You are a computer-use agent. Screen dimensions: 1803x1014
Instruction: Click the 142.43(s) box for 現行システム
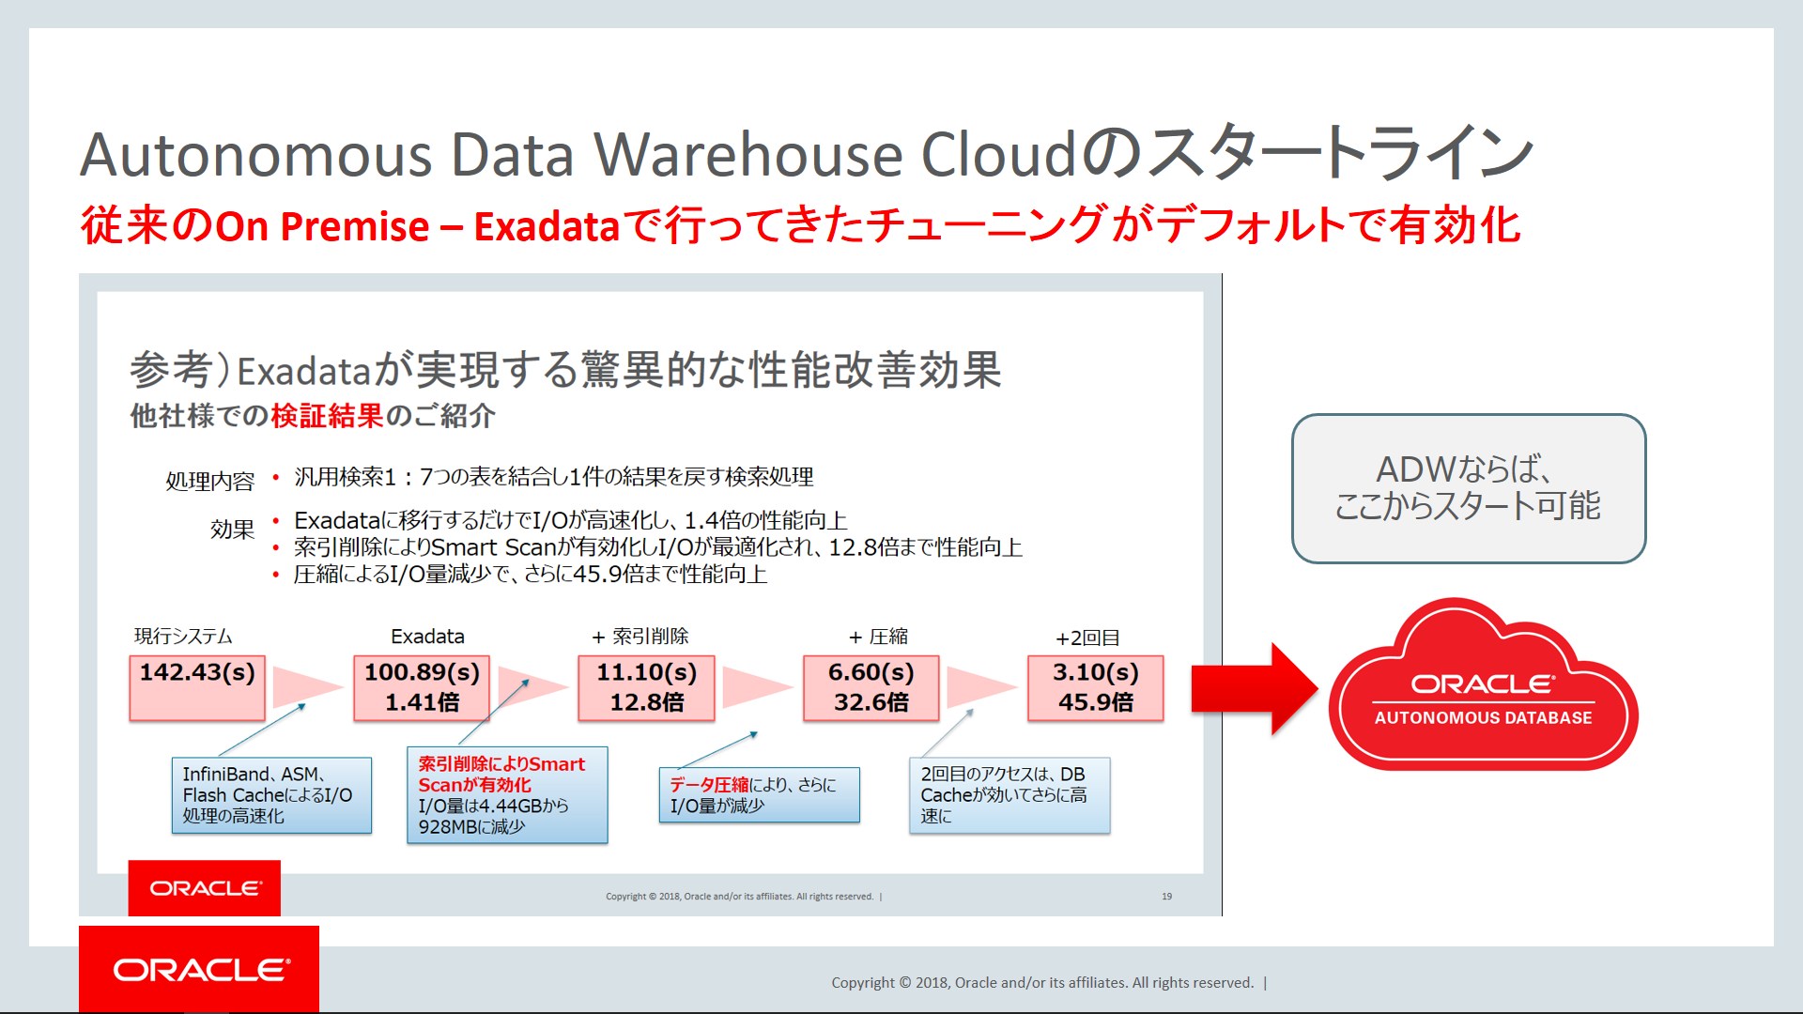197,687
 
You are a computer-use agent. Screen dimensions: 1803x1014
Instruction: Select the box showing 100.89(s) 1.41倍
422,687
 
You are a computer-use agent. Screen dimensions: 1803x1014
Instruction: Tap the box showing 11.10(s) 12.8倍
646,687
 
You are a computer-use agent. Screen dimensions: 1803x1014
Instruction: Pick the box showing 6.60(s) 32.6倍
871,687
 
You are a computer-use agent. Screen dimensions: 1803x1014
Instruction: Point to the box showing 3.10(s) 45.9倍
1095,687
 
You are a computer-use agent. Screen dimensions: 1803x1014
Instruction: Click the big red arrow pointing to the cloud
1254,688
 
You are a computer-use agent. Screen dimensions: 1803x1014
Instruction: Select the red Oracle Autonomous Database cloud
1484,685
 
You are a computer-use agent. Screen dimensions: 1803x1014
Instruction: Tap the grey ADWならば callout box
1469,488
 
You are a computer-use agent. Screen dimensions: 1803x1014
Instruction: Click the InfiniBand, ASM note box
271,795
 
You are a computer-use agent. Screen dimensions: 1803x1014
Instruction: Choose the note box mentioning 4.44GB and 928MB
507,795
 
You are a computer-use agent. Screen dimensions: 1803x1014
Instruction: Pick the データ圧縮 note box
759,795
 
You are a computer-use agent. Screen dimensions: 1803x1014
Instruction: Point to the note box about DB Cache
1009,795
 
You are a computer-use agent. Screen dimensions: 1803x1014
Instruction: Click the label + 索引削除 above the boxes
640,637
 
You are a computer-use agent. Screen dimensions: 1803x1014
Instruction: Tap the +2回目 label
1087,638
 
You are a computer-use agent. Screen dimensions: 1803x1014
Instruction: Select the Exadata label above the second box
427,637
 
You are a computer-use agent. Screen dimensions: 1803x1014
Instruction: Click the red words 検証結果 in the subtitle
328,415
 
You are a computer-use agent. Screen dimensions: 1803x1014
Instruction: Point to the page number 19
1166,897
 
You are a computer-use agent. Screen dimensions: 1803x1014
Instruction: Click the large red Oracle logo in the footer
199,969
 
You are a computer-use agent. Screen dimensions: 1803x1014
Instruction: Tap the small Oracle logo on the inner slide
205,888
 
